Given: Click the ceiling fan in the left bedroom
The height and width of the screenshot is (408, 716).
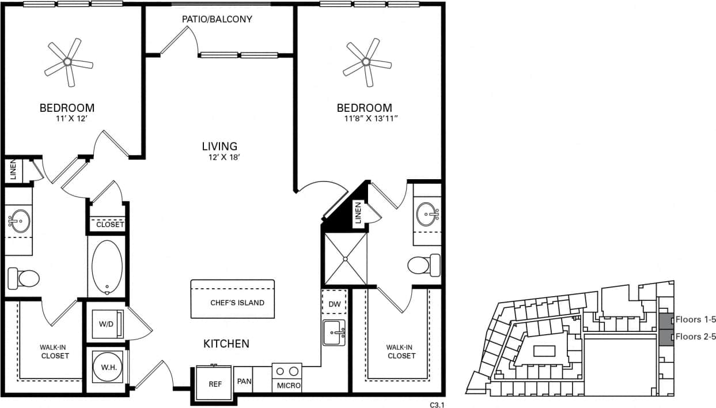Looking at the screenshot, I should coord(68,62).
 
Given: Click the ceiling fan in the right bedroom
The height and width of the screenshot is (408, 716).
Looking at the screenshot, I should coord(366,62).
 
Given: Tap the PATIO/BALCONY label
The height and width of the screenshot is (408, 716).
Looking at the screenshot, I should coord(217,19).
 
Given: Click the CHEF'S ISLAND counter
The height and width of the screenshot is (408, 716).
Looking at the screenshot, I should coord(233,299).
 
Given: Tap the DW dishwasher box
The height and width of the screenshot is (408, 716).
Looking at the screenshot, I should coord(334,303).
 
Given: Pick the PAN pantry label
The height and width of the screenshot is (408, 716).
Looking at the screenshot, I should coord(244,382).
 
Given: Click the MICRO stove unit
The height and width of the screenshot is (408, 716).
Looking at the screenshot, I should coord(287,377).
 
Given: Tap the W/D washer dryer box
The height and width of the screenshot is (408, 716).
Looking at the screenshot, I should coord(106,324).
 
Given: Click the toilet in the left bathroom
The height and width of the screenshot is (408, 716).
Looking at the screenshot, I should coord(23,279).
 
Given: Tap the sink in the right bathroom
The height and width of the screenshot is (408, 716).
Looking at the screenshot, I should coord(427,214).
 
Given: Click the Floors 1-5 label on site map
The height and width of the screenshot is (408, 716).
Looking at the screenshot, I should coord(696,320).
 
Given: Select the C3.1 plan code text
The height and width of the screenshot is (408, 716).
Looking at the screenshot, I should coord(437,405).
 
